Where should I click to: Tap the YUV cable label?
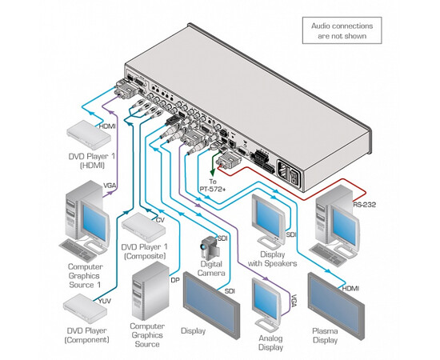pyautogui.click(x=105, y=301)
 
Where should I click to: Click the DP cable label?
pyautogui.click(x=174, y=280)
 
